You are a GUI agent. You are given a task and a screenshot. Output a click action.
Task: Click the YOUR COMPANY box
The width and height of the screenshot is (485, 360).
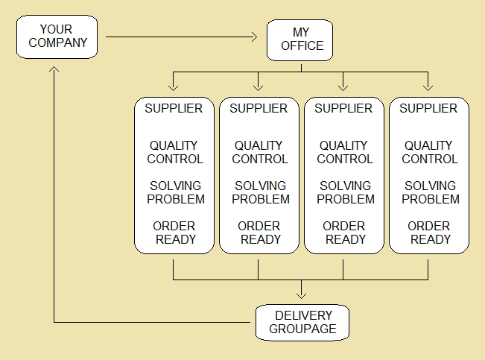tap(57, 36)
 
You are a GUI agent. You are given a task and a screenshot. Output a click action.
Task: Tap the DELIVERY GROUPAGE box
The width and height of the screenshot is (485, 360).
tap(302, 322)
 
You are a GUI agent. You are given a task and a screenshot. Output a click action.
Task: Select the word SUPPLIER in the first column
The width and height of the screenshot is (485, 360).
tap(174, 109)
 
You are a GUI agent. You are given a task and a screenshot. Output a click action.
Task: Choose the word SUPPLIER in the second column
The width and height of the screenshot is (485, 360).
tap(259, 109)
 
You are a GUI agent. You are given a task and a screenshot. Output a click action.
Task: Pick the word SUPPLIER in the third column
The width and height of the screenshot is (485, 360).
tap(343, 109)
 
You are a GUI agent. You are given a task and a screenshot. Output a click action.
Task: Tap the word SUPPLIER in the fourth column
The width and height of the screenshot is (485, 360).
tap(428, 109)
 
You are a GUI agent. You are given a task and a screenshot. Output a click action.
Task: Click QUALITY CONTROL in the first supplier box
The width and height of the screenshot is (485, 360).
tap(174, 152)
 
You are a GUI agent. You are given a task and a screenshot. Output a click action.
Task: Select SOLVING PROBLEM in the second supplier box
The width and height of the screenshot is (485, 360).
tap(260, 192)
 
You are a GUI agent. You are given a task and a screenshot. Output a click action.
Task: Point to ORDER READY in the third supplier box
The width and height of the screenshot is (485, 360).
tap(343, 233)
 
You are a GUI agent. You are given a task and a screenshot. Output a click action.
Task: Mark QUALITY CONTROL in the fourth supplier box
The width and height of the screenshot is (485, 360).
tap(430, 152)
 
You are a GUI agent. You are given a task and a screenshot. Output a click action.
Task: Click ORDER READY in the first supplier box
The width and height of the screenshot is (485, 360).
tap(174, 233)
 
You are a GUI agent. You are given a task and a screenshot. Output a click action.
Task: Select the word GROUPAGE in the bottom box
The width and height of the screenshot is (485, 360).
tap(302, 329)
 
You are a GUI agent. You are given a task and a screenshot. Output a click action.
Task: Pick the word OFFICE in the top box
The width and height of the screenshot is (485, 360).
tap(302, 46)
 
